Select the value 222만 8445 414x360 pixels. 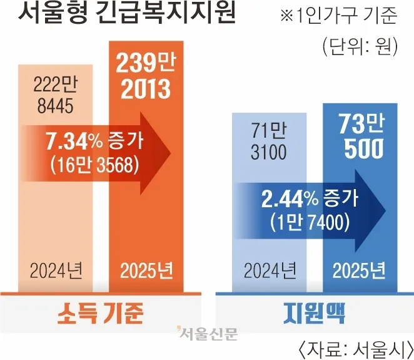[x=56, y=95]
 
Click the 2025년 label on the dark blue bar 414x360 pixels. [x=359, y=270]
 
